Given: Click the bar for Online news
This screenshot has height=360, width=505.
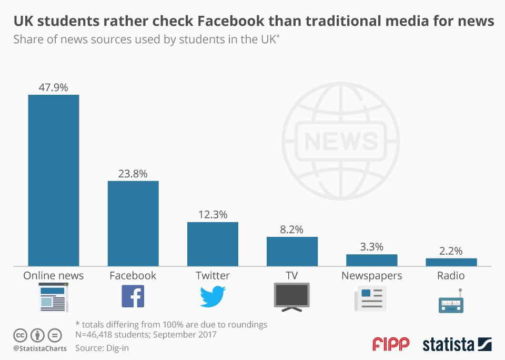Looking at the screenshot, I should [53, 180].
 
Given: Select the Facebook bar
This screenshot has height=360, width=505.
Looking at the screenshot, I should [133, 223].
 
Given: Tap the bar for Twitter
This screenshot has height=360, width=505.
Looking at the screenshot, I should [213, 244].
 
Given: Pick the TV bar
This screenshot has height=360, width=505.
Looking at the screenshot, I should [292, 251].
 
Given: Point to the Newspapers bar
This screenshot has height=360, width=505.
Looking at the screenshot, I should [371, 260].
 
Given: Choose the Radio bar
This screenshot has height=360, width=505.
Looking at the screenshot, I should [451, 262].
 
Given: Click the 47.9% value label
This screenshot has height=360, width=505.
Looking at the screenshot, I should [53, 87].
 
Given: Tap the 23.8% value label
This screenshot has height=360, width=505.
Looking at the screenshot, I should [133, 174].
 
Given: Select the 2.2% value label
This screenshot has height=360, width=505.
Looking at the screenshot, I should [451, 251].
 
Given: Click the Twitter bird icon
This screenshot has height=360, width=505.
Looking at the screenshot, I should [213, 296].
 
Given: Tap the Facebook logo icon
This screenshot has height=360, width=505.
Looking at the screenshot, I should [133, 296].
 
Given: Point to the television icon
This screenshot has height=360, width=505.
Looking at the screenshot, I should [292, 296].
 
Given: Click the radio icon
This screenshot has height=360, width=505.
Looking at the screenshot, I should [451, 302].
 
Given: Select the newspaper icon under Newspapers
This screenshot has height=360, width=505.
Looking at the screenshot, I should [371, 298].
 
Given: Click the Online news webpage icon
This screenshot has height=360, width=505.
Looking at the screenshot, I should [53, 297].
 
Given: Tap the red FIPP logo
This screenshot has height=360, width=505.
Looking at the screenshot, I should [391, 345].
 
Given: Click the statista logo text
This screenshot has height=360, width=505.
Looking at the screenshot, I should [448, 345].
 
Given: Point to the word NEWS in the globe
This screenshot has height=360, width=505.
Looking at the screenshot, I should [341, 141].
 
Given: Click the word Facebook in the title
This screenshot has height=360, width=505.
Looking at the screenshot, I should [231, 21].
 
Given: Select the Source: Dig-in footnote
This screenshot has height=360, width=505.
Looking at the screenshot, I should [102, 347].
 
